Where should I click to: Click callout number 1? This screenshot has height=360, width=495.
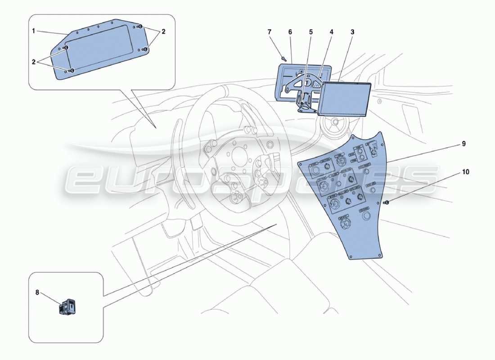[x=34, y=32]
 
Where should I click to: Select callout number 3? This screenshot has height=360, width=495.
[x=352, y=32]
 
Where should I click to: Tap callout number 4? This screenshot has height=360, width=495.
[x=331, y=32]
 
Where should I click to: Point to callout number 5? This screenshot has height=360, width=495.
[x=310, y=32]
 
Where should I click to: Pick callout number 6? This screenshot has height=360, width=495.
[x=290, y=32]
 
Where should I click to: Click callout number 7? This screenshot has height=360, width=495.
[x=270, y=32]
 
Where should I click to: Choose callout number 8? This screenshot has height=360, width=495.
[x=37, y=292]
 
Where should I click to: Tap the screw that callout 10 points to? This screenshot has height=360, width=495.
[x=386, y=202]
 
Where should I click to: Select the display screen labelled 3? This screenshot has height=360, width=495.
[x=344, y=99]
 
